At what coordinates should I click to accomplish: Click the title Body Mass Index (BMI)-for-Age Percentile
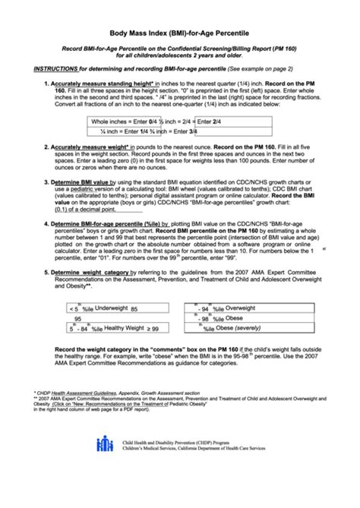click(x=179, y=34)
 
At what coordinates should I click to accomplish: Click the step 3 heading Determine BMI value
click(x=80, y=182)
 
